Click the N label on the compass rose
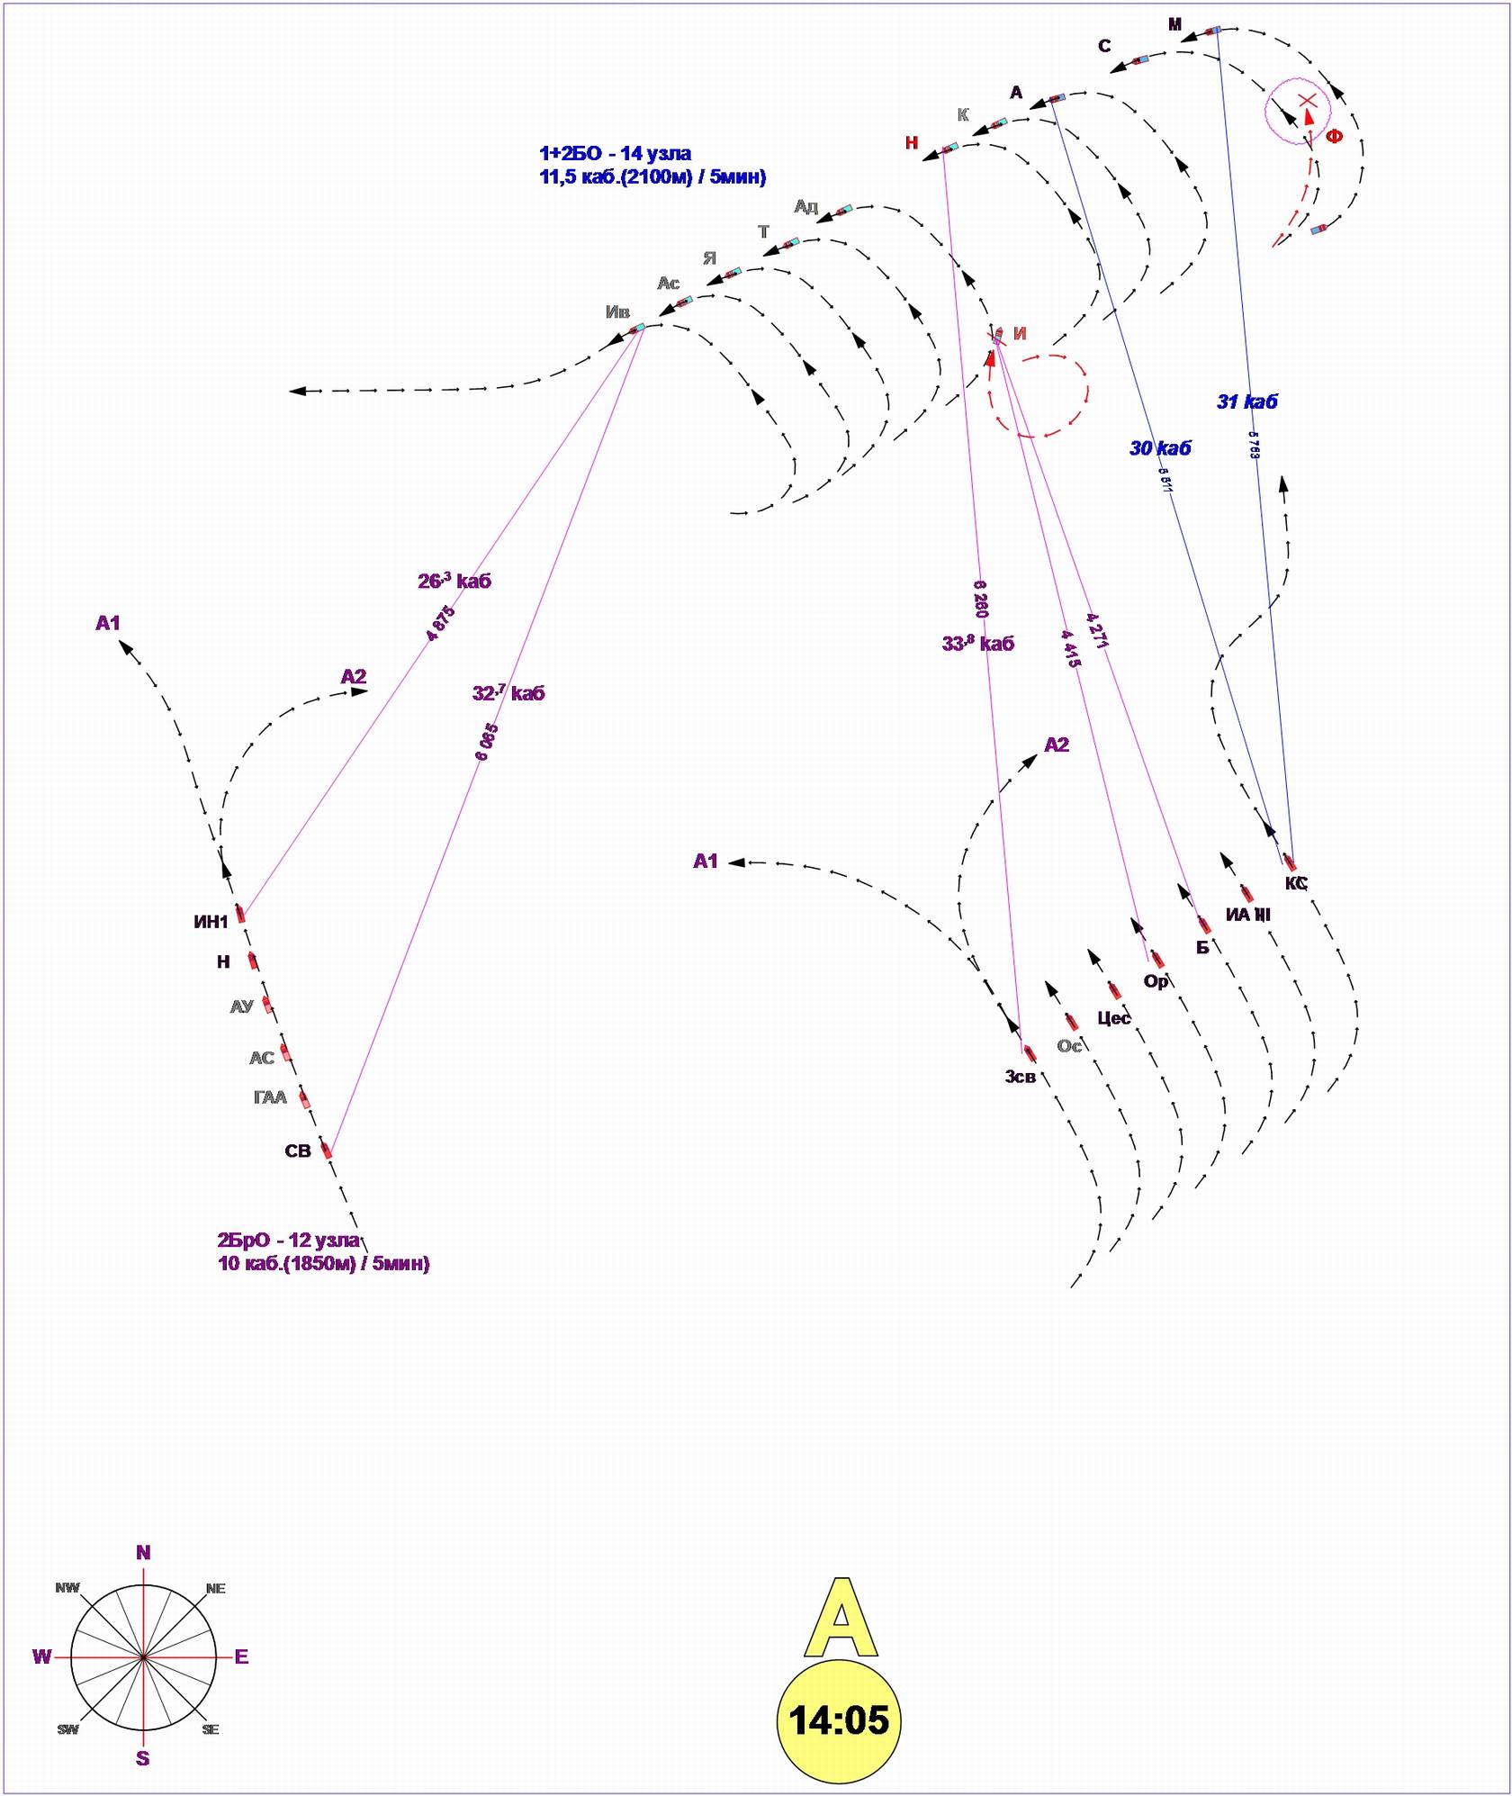(x=143, y=1552)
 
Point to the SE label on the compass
(x=211, y=1728)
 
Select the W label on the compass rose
(x=41, y=1656)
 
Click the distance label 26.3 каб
(x=454, y=581)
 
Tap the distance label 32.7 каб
(x=508, y=693)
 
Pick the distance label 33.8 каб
(x=978, y=644)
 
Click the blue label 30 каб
(x=1160, y=447)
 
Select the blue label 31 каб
(x=1246, y=402)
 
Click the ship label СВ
(x=298, y=1151)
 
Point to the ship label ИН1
(x=211, y=922)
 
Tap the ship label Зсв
(x=1021, y=1076)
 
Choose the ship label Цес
(x=1114, y=1018)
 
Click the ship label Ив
(x=617, y=312)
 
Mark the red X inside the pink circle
(x=1307, y=100)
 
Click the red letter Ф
(x=1334, y=137)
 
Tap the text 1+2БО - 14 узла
(x=616, y=153)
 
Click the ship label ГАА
(x=270, y=1097)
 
